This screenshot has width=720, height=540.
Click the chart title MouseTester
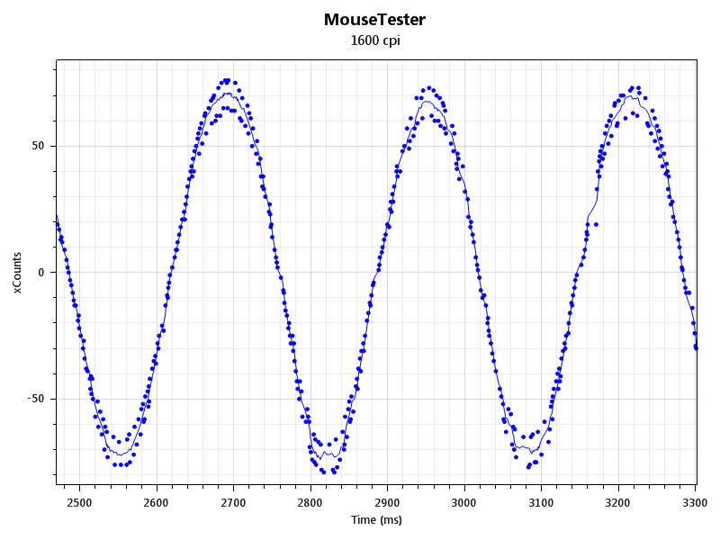(x=374, y=19)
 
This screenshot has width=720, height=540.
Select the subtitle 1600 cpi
(x=374, y=40)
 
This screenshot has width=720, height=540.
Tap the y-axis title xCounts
(x=17, y=273)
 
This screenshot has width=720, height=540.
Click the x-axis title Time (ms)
(x=376, y=520)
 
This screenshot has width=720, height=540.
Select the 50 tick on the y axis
(x=38, y=146)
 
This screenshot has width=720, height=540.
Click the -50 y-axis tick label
(x=36, y=399)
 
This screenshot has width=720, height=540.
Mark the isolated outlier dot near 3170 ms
(x=596, y=224)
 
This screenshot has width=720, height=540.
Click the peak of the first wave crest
(x=227, y=81)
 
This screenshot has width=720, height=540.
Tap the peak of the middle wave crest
(x=429, y=88)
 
